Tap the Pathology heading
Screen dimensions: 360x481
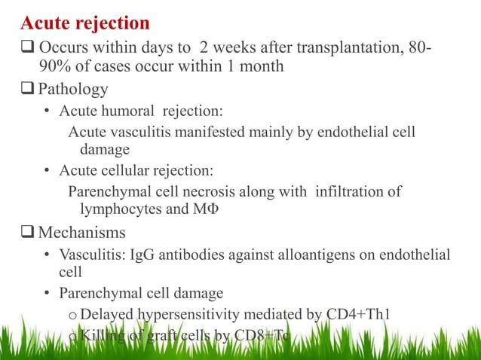pos(73,90)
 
